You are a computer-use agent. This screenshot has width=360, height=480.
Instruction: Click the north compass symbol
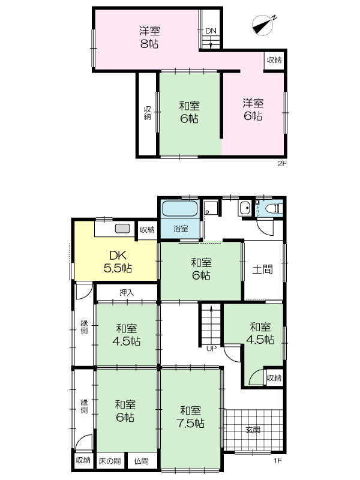coord(263,25)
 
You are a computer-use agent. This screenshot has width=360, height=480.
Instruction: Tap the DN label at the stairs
coord(211,31)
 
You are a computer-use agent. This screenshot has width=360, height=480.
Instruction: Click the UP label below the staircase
coord(211,349)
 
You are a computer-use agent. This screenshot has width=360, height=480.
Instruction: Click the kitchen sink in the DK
coord(122,229)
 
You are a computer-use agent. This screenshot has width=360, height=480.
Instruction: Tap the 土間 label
coord(262,269)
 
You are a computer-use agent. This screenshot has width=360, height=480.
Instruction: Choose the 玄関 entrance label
coord(253,430)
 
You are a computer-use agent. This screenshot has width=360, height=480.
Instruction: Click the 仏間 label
coord(142,461)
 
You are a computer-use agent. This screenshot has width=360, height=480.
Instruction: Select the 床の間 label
coord(110,461)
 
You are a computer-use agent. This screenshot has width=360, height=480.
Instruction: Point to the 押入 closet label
coord(127,293)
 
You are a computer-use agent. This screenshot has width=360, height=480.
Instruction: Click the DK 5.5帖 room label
coord(118,262)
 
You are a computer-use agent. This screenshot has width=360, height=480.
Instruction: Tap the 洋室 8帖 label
coord(149,37)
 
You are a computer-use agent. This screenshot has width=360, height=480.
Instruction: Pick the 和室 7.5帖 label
coord(190,416)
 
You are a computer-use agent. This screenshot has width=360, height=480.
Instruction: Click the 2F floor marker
coord(282,163)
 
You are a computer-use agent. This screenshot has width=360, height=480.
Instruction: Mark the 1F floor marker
coord(277,460)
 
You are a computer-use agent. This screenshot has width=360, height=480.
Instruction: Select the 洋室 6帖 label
coord(253,109)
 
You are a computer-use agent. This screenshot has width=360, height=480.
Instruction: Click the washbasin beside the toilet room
coord(245,208)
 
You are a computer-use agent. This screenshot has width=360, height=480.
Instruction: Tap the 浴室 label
coord(181,229)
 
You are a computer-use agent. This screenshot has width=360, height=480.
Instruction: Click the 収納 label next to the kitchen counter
coord(147,230)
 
